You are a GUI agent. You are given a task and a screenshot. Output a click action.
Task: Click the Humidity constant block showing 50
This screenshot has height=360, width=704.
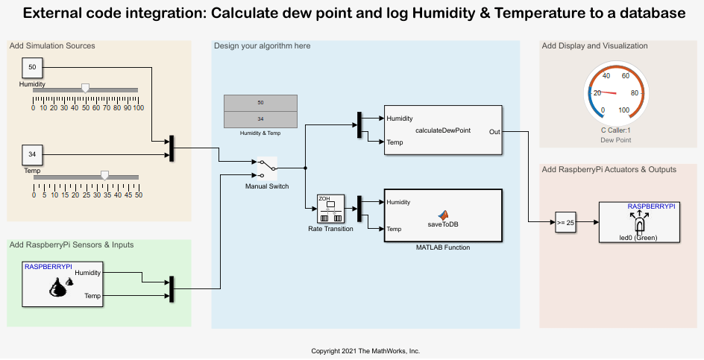click(x=33, y=68)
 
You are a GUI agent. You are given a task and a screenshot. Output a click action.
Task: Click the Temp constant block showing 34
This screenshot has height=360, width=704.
click(x=33, y=155)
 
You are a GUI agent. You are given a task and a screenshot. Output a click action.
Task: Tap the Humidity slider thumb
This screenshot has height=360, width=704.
click(x=86, y=88)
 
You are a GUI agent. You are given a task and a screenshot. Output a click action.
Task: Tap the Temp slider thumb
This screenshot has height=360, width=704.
click(x=104, y=175)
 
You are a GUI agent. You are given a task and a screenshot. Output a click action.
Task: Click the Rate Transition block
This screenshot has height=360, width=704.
click(x=331, y=209)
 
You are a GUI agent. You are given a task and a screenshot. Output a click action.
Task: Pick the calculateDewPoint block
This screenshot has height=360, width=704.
click(x=442, y=130)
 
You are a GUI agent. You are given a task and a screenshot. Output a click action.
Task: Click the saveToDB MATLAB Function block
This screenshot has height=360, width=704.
click(x=442, y=215)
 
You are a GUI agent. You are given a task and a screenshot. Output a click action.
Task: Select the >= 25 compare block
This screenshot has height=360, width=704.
click(x=565, y=221)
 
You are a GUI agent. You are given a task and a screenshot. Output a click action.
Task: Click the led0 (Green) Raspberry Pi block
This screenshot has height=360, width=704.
click(x=637, y=222)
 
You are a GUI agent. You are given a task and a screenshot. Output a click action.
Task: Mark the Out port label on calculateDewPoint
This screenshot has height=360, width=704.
click(x=494, y=131)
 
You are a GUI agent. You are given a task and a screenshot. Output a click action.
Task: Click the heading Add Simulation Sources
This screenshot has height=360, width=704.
click(x=52, y=46)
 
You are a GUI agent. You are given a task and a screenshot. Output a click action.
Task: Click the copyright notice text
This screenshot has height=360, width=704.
click(x=365, y=350)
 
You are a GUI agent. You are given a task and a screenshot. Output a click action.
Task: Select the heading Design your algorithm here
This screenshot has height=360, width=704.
click(x=263, y=46)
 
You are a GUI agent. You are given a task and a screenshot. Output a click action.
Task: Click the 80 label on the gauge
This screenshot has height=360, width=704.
click(x=635, y=93)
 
